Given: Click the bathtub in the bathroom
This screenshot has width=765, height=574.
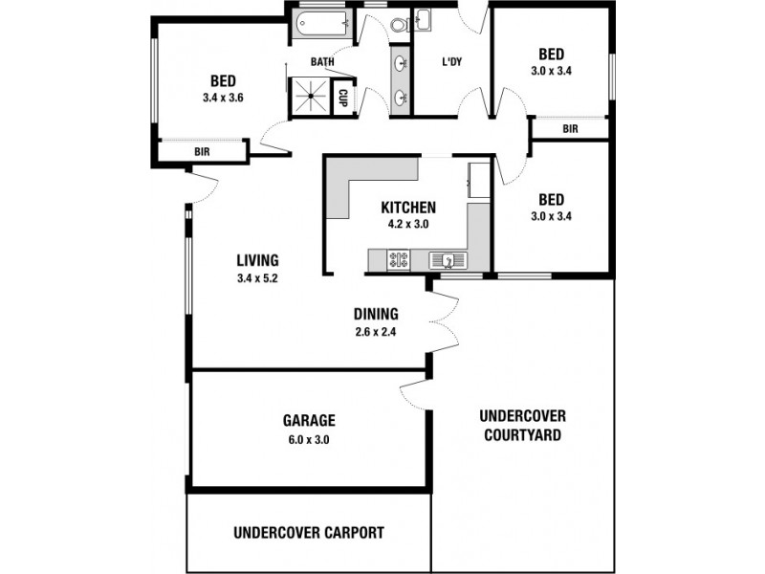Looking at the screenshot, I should tap(321, 23).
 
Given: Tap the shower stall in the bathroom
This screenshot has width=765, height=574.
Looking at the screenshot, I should tap(309, 97).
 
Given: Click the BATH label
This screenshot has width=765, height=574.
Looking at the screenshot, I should tap(322, 63).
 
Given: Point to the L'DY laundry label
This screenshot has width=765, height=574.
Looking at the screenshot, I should tap(452, 63).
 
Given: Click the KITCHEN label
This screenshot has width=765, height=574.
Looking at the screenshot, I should tap(408, 208).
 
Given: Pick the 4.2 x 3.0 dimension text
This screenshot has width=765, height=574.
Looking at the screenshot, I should tap(408, 224).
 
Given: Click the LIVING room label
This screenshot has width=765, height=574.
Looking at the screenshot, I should tap(258, 260).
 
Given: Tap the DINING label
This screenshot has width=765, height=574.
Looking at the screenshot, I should tap(376, 314).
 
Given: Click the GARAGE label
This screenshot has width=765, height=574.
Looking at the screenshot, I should tap(308, 420).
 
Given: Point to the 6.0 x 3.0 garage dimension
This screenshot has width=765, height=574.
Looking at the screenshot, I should tap(308, 439).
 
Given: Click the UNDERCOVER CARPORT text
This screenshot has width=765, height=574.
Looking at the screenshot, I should tap(308, 532).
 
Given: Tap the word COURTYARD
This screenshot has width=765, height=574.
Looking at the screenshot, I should tap(522, 435).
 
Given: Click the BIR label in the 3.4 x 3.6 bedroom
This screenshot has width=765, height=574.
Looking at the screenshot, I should tap(203, 152).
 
